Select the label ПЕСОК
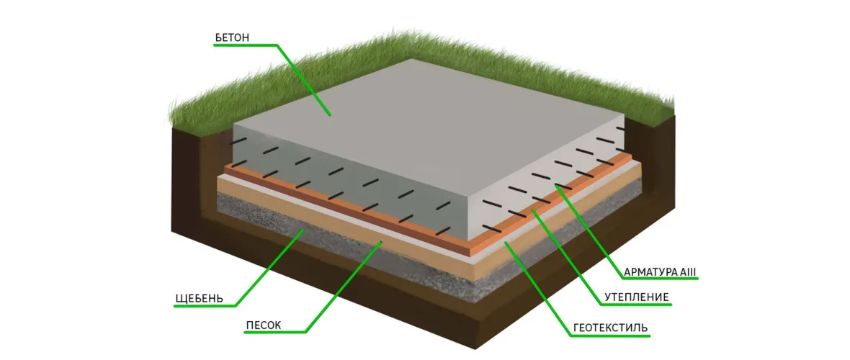(x=264, y=325)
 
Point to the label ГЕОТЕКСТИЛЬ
(x=610, y=328)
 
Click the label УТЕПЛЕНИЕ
(x=637, y=297)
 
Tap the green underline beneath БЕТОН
(x=246, y=45)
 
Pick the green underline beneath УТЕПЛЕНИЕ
(x=636, y=305)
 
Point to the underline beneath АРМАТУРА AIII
(x=656, y=279)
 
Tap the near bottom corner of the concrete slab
(x=469, y=240)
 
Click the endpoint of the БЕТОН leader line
(x=330, y=115)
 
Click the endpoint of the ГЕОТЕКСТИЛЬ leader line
(x=506, y=243)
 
